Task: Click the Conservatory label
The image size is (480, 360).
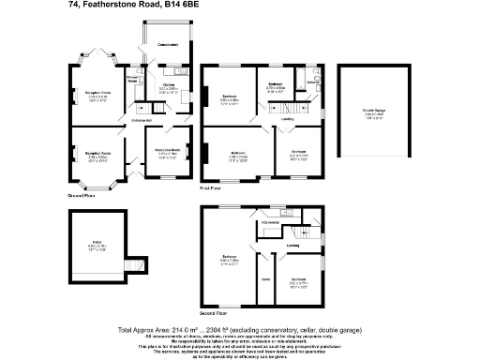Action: click(x=169, y=44)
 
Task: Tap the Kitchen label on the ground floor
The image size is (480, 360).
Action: click(x=169, y=87)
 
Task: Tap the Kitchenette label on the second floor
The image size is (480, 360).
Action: click(x=273, y=222)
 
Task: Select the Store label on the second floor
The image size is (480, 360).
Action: click(x=266, y=279)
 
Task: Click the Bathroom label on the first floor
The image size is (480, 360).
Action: click(x=275, y=87)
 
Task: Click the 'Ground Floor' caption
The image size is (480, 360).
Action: click(x=82, y=195)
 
